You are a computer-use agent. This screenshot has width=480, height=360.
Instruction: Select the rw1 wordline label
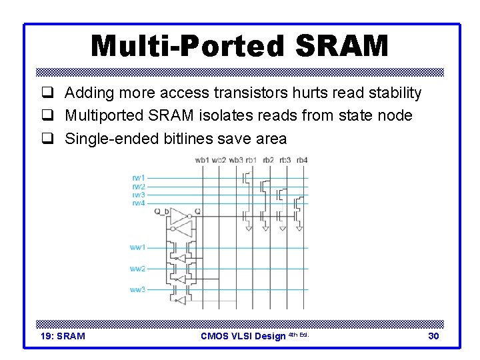138,178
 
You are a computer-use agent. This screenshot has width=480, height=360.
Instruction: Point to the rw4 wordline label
138,203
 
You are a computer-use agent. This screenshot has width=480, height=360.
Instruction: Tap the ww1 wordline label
137,247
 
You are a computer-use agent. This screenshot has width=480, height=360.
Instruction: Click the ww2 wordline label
137,269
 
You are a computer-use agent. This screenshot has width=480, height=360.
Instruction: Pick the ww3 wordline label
137,290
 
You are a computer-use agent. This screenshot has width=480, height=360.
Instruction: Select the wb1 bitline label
201,160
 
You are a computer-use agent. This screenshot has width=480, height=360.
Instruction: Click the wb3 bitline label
236,160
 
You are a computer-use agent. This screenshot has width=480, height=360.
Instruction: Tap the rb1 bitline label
251,160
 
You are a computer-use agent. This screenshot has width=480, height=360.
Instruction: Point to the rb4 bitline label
301,160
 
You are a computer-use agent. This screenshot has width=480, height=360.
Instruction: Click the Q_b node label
161,211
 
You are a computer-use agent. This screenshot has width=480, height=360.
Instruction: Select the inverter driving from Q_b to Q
179,216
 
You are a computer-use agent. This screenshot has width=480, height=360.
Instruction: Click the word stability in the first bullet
395,93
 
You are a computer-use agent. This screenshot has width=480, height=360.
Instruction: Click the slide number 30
433,336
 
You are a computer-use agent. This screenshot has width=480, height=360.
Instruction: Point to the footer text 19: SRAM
63,336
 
